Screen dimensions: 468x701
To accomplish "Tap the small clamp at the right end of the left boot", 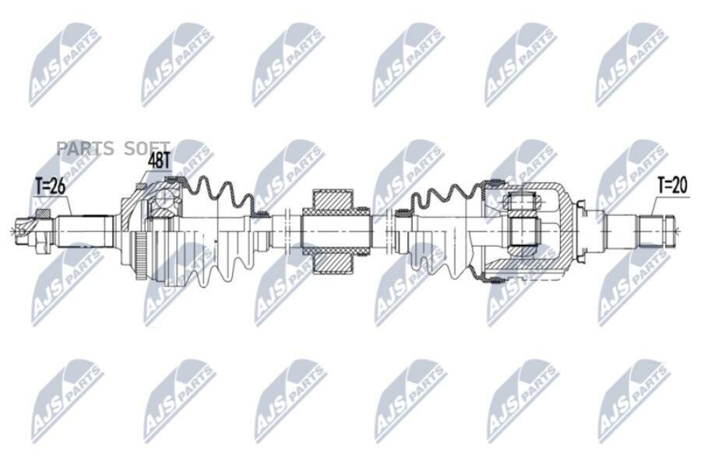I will tap(257, 214).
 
